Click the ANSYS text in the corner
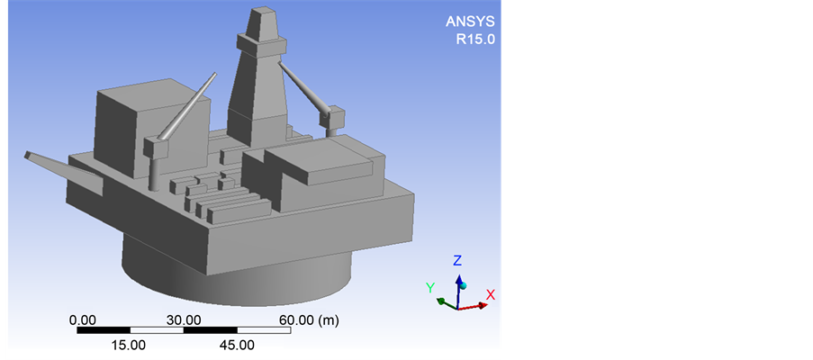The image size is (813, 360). coord(470,22)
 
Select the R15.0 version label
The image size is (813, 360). coord(475,40)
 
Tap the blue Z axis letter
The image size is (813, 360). coord(457,260)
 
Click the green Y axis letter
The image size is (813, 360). coord(429,287)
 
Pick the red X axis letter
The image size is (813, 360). coord(491,294)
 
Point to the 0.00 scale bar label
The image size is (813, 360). coord(83,320)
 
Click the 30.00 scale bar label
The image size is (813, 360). coord(184,320)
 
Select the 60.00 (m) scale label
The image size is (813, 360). coord(309,320)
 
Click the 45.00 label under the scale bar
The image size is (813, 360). coord(238,345)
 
